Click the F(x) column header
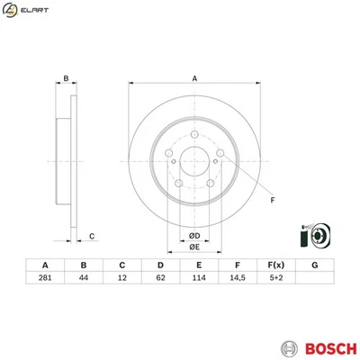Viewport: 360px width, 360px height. tap(276, 265)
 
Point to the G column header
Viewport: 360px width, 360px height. tap(314, 265)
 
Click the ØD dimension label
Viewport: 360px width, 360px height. tap(193, 235)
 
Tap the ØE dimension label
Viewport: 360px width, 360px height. tap(193, 248)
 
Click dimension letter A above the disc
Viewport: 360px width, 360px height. tap(193, 77)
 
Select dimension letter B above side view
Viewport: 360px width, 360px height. tap(66, 78)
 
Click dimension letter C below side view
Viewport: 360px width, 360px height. tap(92, 237)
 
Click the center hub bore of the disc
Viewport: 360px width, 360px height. tap(193, 163)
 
